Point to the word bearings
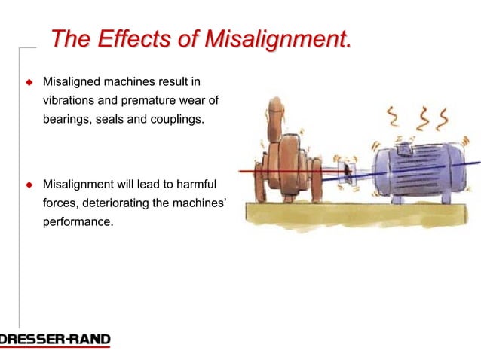67,118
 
